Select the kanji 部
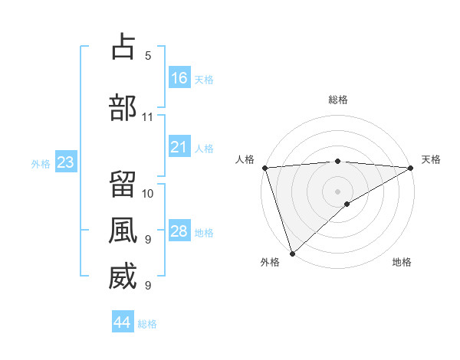123,107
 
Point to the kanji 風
123,230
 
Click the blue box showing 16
179,77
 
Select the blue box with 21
179,146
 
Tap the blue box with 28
179,231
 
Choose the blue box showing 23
65,162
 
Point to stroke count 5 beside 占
148,56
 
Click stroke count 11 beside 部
147,117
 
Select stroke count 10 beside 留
148,192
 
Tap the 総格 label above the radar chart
338,100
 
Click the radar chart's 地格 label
402,262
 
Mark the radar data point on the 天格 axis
411,168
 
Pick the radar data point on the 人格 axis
264,168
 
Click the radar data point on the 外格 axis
292,253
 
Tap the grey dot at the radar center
338,191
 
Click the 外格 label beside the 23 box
41,163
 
